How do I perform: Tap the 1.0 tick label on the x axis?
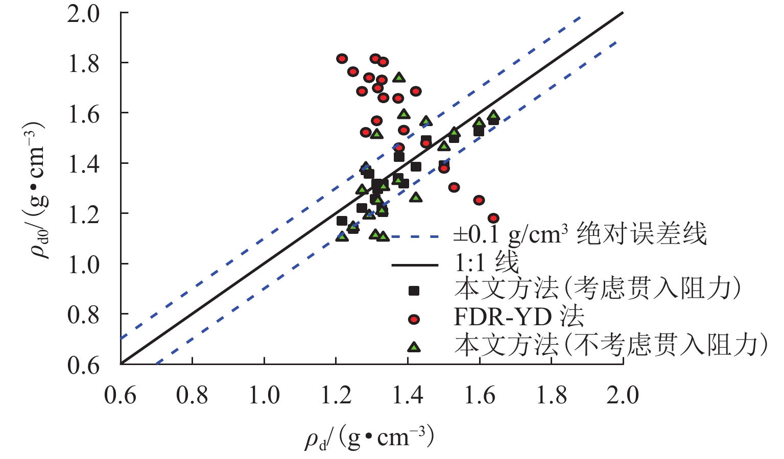point(264,396)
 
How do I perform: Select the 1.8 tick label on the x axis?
point(551,396)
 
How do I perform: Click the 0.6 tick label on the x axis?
point(121,396)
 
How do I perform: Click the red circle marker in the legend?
point(414,319)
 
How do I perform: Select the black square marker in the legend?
point(414,291)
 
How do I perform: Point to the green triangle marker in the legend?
point(414,347)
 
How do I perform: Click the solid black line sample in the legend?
point(414,265)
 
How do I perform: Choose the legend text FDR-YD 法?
point(518,317)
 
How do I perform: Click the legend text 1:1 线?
point(486,263)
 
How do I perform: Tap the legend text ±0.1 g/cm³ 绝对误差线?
point(580,234)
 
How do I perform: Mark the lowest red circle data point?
point(493,219)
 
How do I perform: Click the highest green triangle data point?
point(399,78)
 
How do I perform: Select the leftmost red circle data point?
point(342,59)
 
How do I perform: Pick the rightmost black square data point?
point(493,120)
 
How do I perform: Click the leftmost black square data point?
point(342,221)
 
